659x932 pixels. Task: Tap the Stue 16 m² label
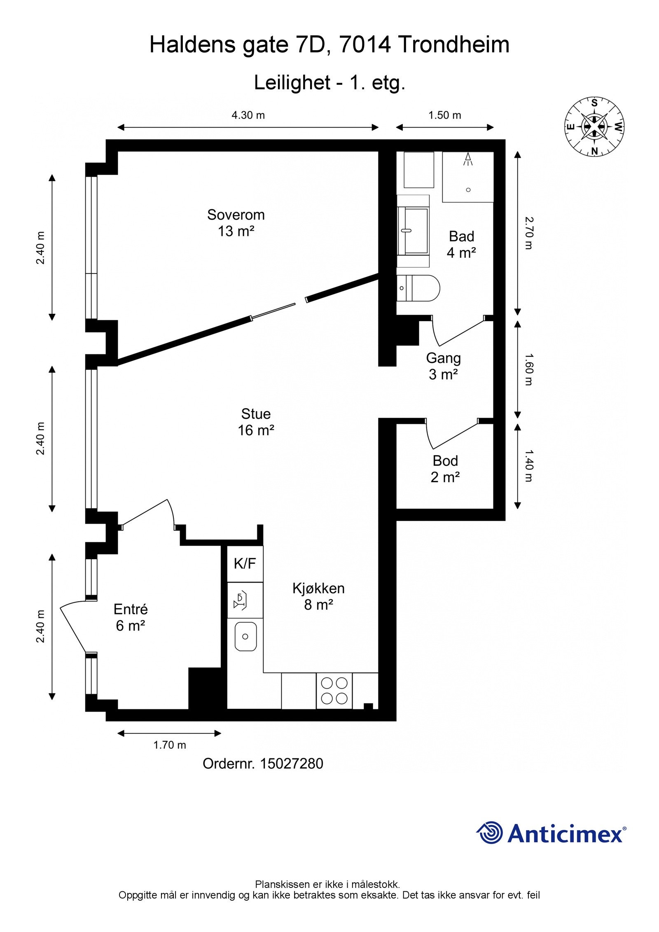[x=256, y=422]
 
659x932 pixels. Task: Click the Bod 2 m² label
[x=445, y=469]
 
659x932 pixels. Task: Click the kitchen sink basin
[x=245, y=636]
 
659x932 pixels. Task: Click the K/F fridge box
[x=245, y=563]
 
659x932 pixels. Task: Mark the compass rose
[x=594, y=127]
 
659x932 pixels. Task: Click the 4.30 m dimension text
[x=248, y=115]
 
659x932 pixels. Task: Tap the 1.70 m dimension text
[x=170, y=745]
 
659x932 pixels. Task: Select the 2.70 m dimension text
[x=528, y=233]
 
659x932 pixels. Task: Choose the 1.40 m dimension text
[x=528, y=466]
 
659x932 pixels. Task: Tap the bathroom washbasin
[x=413, y=231]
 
